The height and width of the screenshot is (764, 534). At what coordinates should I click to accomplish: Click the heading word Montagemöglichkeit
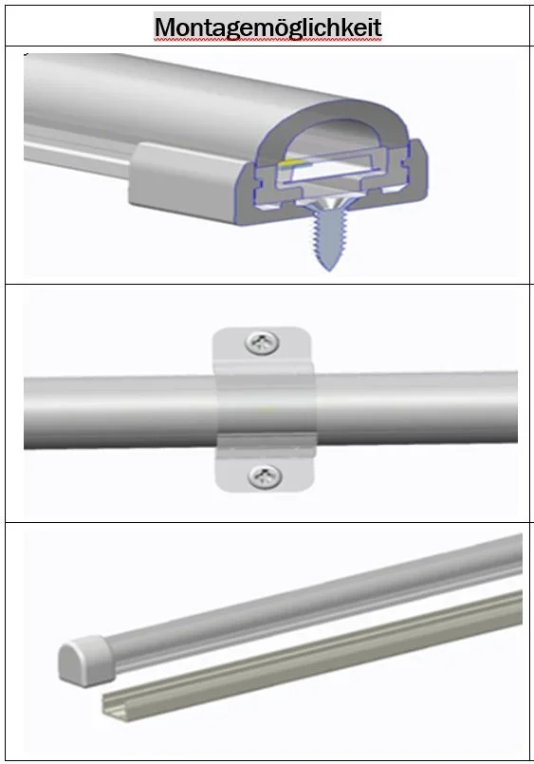(267, 27)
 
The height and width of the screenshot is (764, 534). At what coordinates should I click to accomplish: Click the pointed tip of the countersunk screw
(328, 269)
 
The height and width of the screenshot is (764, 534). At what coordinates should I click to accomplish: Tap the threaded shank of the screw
(328, 239)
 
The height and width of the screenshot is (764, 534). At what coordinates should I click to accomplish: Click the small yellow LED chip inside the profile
(292, 160)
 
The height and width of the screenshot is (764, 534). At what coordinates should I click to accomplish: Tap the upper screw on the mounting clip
(262, 342)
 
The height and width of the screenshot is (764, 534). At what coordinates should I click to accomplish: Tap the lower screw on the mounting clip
(265, 475)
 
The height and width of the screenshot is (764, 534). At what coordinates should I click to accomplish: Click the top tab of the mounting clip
(262, 346)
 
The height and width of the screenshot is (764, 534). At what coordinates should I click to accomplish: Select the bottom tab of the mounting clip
(265, 468)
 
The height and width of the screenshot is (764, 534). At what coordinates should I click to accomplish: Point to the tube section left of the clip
(120, 412)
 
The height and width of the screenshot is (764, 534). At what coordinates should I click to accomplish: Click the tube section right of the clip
(416, 407)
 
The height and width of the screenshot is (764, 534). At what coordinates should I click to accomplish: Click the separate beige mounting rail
(311, 653)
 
